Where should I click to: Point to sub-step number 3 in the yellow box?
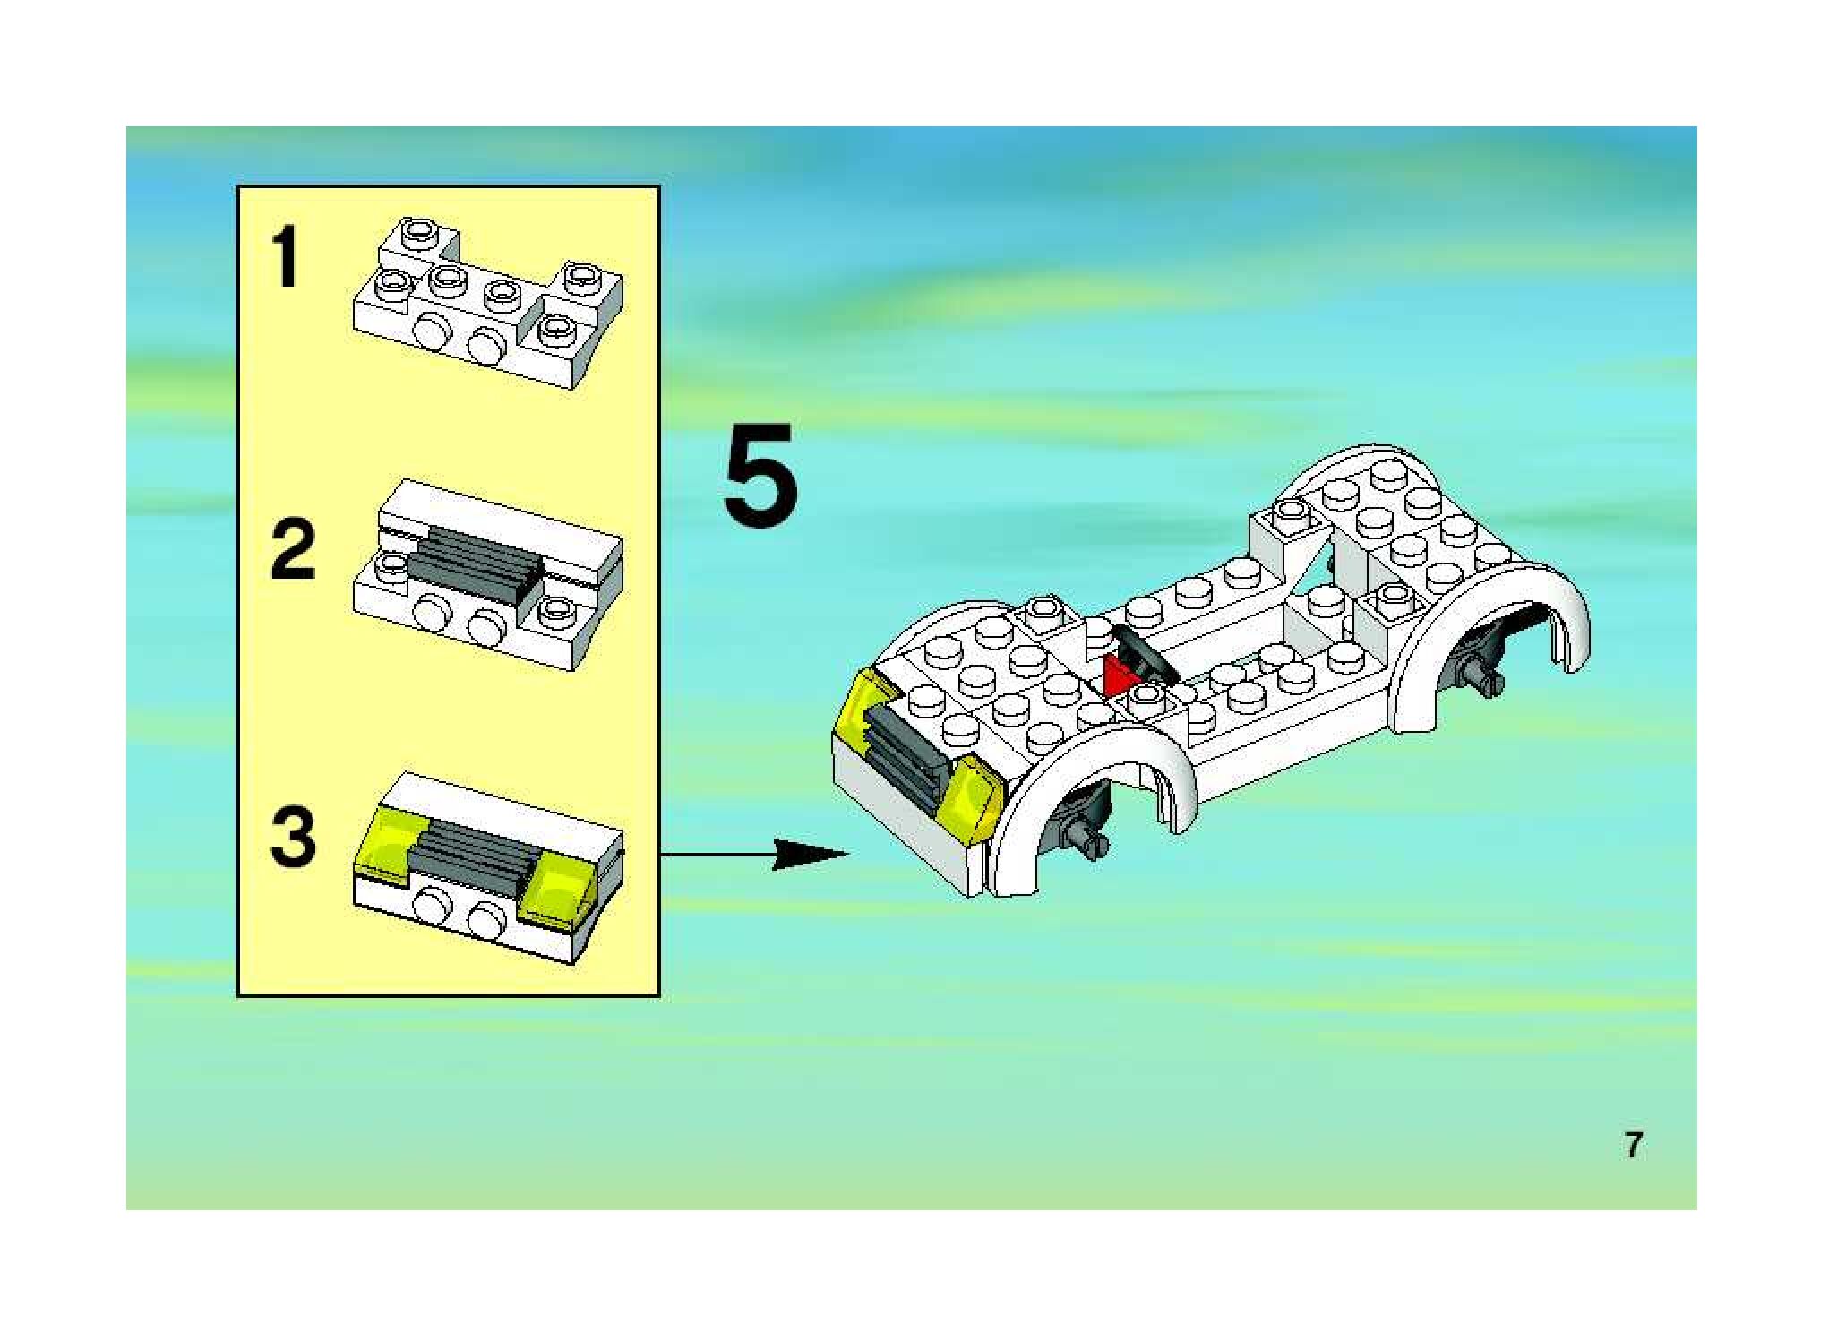293,837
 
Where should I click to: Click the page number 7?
1634,1145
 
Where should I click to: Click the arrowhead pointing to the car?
806,855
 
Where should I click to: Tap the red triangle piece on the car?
1116,676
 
